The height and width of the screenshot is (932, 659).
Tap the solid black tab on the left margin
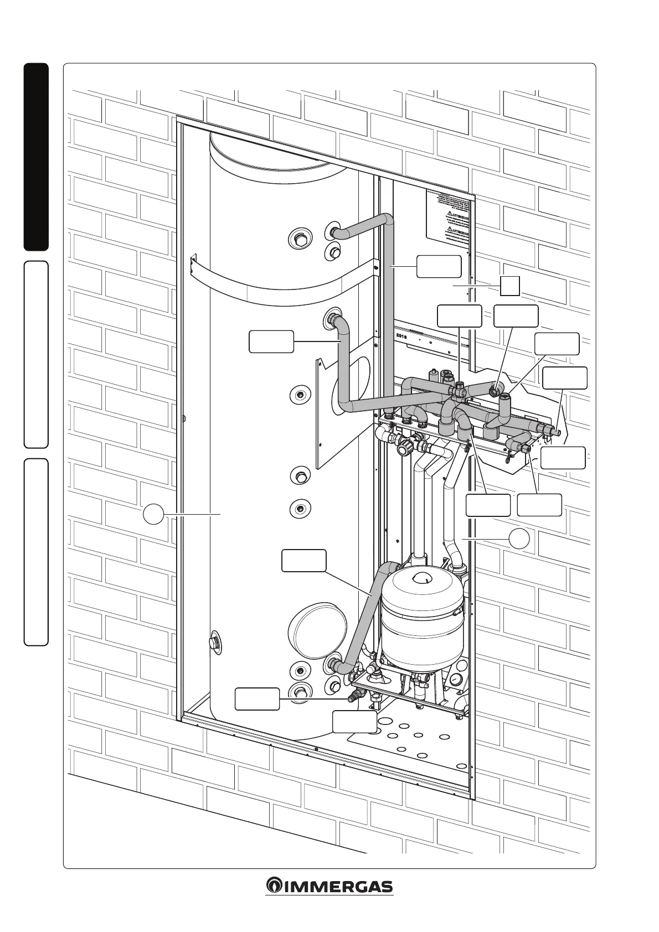pos(36,157)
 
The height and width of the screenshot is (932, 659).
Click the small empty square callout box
pos(509,286)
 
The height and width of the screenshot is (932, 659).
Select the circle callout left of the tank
pos(153,514)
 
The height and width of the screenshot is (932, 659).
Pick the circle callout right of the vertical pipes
pos(519,538)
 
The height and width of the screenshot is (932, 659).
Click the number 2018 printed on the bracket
pos(401,335)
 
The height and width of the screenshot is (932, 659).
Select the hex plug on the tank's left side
pos(214,643)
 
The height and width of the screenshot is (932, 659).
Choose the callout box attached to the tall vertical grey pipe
pos(439,266)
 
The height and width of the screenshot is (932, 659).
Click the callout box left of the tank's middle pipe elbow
pos(271,341)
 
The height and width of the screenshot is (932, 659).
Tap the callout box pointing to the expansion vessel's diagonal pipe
pos(303,560)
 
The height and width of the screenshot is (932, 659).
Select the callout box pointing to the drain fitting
pos(257,698)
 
